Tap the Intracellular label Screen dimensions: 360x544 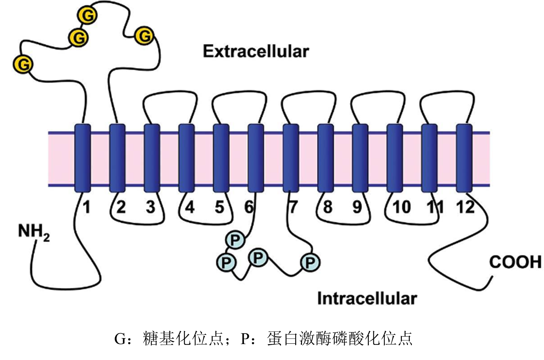pos(367,298)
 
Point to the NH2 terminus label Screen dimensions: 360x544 pos(33,232)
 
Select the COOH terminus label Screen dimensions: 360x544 pos(515,262)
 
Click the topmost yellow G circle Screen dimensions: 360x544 pos(88,15)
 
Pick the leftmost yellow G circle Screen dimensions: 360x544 pos(23,64)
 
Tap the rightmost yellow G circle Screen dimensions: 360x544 pos(144,36)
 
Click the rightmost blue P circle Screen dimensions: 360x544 pos(310,262)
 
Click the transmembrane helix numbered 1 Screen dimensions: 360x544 pos(82,158)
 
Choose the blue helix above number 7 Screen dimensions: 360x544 pos(291,158)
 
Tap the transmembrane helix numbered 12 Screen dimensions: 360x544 pos(464,158)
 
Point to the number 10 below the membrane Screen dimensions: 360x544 pos(402,207)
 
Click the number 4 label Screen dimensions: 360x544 pos(190,207)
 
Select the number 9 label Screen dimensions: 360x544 pos(357,207)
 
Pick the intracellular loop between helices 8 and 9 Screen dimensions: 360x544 pos(343,223)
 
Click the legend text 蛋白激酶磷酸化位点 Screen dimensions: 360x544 pos(339,339)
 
